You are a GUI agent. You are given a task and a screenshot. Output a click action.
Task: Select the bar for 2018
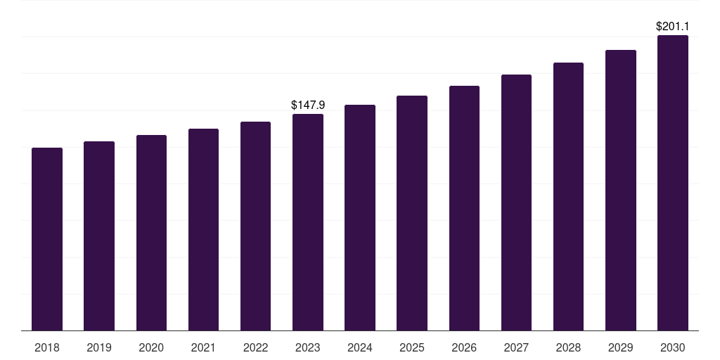coord(47,239)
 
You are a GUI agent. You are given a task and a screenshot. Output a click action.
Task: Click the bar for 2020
coord(151,233)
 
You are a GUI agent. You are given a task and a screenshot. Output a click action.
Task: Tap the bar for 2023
coord(308,222)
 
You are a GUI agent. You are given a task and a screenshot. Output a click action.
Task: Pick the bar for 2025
coord(412,213)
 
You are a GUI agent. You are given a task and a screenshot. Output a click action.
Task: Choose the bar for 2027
coord(516,202)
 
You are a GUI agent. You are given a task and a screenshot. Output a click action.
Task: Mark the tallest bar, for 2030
coord(673,183)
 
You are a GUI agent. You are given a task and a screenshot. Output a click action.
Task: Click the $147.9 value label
coord(308,105)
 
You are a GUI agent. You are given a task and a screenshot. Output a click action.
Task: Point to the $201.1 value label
coord(673,26)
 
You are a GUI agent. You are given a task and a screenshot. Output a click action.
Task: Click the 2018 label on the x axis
coord(47,347)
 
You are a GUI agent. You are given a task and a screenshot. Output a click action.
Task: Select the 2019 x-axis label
coord(99,347)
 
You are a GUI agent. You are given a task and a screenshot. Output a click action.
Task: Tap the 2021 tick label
coord(203,347)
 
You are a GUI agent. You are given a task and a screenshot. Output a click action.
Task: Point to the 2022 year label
coord(255,347)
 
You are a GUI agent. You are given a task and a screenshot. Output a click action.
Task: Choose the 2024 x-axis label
coord(360,347)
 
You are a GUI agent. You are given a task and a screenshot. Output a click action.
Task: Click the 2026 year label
coord(464,347)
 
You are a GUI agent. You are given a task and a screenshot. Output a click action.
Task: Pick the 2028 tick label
coord(568,347)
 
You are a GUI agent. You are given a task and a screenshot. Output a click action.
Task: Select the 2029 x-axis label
coord(620,347)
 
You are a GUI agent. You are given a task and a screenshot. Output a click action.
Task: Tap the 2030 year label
coord(673,347)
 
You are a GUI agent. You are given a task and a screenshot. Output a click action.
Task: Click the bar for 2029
coord(620,190)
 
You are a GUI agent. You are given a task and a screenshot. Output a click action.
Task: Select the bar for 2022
coord(255,226)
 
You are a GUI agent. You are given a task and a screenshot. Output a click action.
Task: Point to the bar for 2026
coord(464,208)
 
